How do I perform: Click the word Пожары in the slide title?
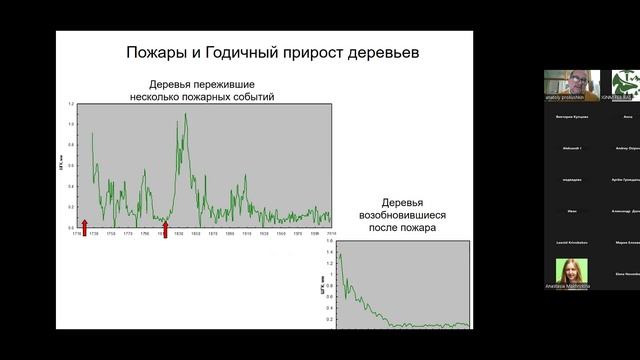(156, 52)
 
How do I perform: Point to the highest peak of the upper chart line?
(185, 115)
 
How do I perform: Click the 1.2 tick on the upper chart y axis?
(71, 104)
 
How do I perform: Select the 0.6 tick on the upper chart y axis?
(71, 166)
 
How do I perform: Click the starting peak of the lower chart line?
(340, 255)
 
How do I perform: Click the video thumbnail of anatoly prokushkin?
(571, 85)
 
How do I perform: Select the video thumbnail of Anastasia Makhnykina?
(571, 273)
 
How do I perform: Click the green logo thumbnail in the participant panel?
(625, 85)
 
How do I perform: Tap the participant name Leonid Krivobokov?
(571, 243)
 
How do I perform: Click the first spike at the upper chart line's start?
(92, 134)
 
